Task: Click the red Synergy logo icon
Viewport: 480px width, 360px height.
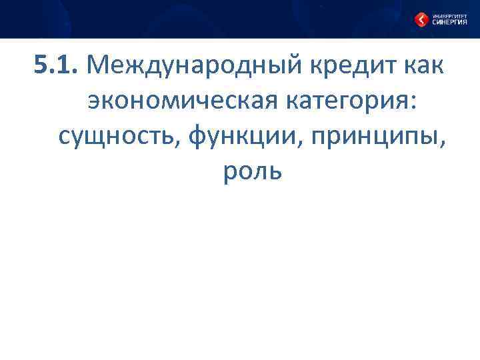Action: click(421, 19)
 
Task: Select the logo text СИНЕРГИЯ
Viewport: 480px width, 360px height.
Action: click(450, 22)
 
